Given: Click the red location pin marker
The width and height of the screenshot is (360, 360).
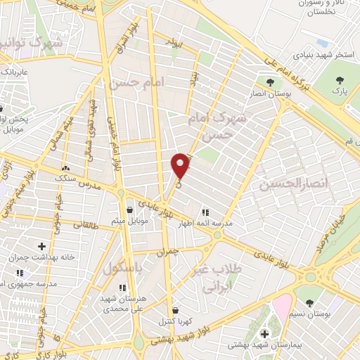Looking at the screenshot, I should pos(181,165).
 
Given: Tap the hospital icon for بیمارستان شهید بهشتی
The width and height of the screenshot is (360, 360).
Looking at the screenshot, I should pos(264,333).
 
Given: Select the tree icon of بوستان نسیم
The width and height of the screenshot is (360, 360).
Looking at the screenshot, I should pos(309,303).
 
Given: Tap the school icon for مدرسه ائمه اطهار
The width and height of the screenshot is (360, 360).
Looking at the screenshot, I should pos(205,212).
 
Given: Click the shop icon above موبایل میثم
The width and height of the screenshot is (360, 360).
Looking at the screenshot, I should pos(129,210).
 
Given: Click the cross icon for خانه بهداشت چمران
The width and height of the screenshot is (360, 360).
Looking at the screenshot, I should pos(41,246).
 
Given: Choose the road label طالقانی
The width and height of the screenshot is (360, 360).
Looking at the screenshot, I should pos(86,225).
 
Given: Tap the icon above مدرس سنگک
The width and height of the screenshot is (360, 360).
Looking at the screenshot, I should pos(65,168).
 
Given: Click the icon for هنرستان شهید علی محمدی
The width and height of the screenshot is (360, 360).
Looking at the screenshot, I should pos(123,288).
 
